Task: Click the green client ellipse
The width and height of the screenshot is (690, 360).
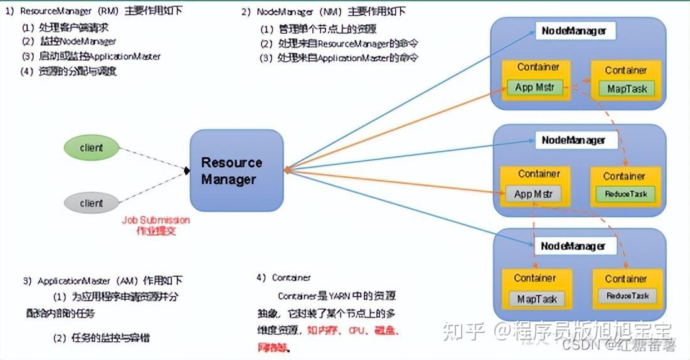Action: coord(92,148)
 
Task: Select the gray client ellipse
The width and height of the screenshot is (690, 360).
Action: coord(92,203)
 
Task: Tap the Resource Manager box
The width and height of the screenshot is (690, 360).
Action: coord(236,171)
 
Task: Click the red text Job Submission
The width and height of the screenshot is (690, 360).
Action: coord(156,220)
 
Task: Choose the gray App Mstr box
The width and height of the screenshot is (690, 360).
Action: coord(533,194)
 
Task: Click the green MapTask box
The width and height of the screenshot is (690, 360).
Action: coord(627,88)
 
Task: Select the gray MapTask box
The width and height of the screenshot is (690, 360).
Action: coord(536,299)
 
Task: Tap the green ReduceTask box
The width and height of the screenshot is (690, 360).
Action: coord(625,194)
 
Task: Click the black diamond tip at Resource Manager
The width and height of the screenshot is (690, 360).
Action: coord(186,171)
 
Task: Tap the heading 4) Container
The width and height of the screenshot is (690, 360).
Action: coord(284,277)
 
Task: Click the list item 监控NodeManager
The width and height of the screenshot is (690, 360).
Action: coord(69,41)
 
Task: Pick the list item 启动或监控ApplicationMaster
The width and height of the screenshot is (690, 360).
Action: coord(91,56)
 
